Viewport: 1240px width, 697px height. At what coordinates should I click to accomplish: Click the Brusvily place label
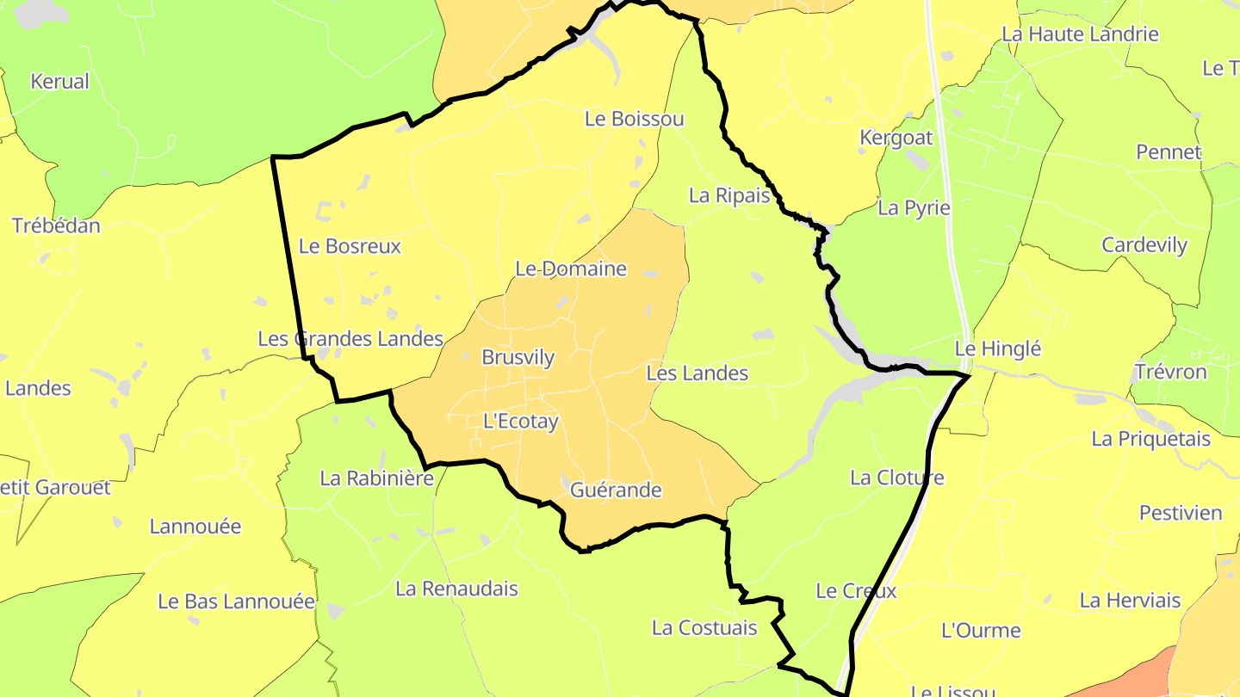(x=518, y=357)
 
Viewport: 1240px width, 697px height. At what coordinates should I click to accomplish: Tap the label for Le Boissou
(x=634, y=119)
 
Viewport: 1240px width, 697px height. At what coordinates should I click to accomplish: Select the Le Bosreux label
(x=350, y=246)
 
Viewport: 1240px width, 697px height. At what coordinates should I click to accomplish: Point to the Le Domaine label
(x=571, y=268)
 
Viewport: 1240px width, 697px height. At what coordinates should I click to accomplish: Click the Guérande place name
(x=616, y=490)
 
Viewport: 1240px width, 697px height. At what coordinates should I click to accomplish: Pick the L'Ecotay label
(x=520, y=422)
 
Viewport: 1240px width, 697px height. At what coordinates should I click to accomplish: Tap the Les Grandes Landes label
(x=350, y=339)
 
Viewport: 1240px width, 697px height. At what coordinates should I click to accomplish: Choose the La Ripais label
(x=728, y=195)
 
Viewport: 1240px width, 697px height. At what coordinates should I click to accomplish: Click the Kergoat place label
(x=896, y=138)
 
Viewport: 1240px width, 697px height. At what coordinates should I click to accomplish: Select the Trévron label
(x=1169, y=373)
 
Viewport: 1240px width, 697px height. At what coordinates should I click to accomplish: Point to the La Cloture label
(x=896, y=478)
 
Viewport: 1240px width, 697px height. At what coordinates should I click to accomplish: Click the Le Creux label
(x=855, y=591)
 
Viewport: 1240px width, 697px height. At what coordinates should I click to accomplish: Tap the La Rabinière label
(x=376, y=478)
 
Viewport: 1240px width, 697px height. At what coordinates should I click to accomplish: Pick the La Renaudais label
(x=456, y=589)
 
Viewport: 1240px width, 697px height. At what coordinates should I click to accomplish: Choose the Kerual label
(x=59, y=82)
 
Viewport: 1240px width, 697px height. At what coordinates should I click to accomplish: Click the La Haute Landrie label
(x=1080, y=34)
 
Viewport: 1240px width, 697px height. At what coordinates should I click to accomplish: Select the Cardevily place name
(x=1144, y=245)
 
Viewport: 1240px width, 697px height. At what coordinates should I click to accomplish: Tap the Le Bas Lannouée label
(x=236, y=601)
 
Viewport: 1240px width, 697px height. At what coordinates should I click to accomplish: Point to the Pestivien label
(x=1181, y=513)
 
